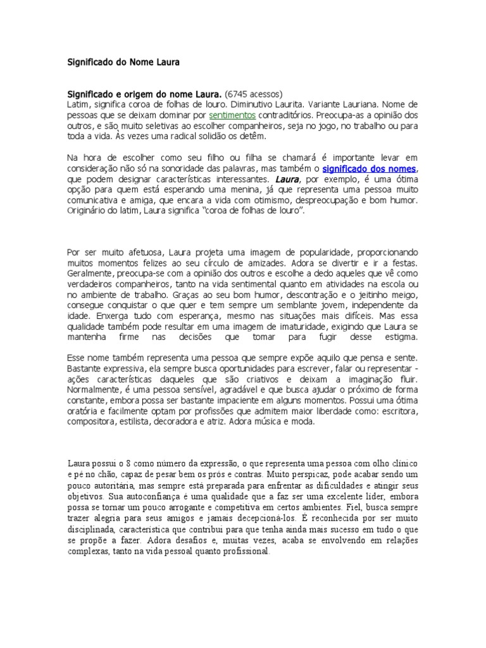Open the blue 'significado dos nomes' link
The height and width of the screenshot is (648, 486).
point(370,169)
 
